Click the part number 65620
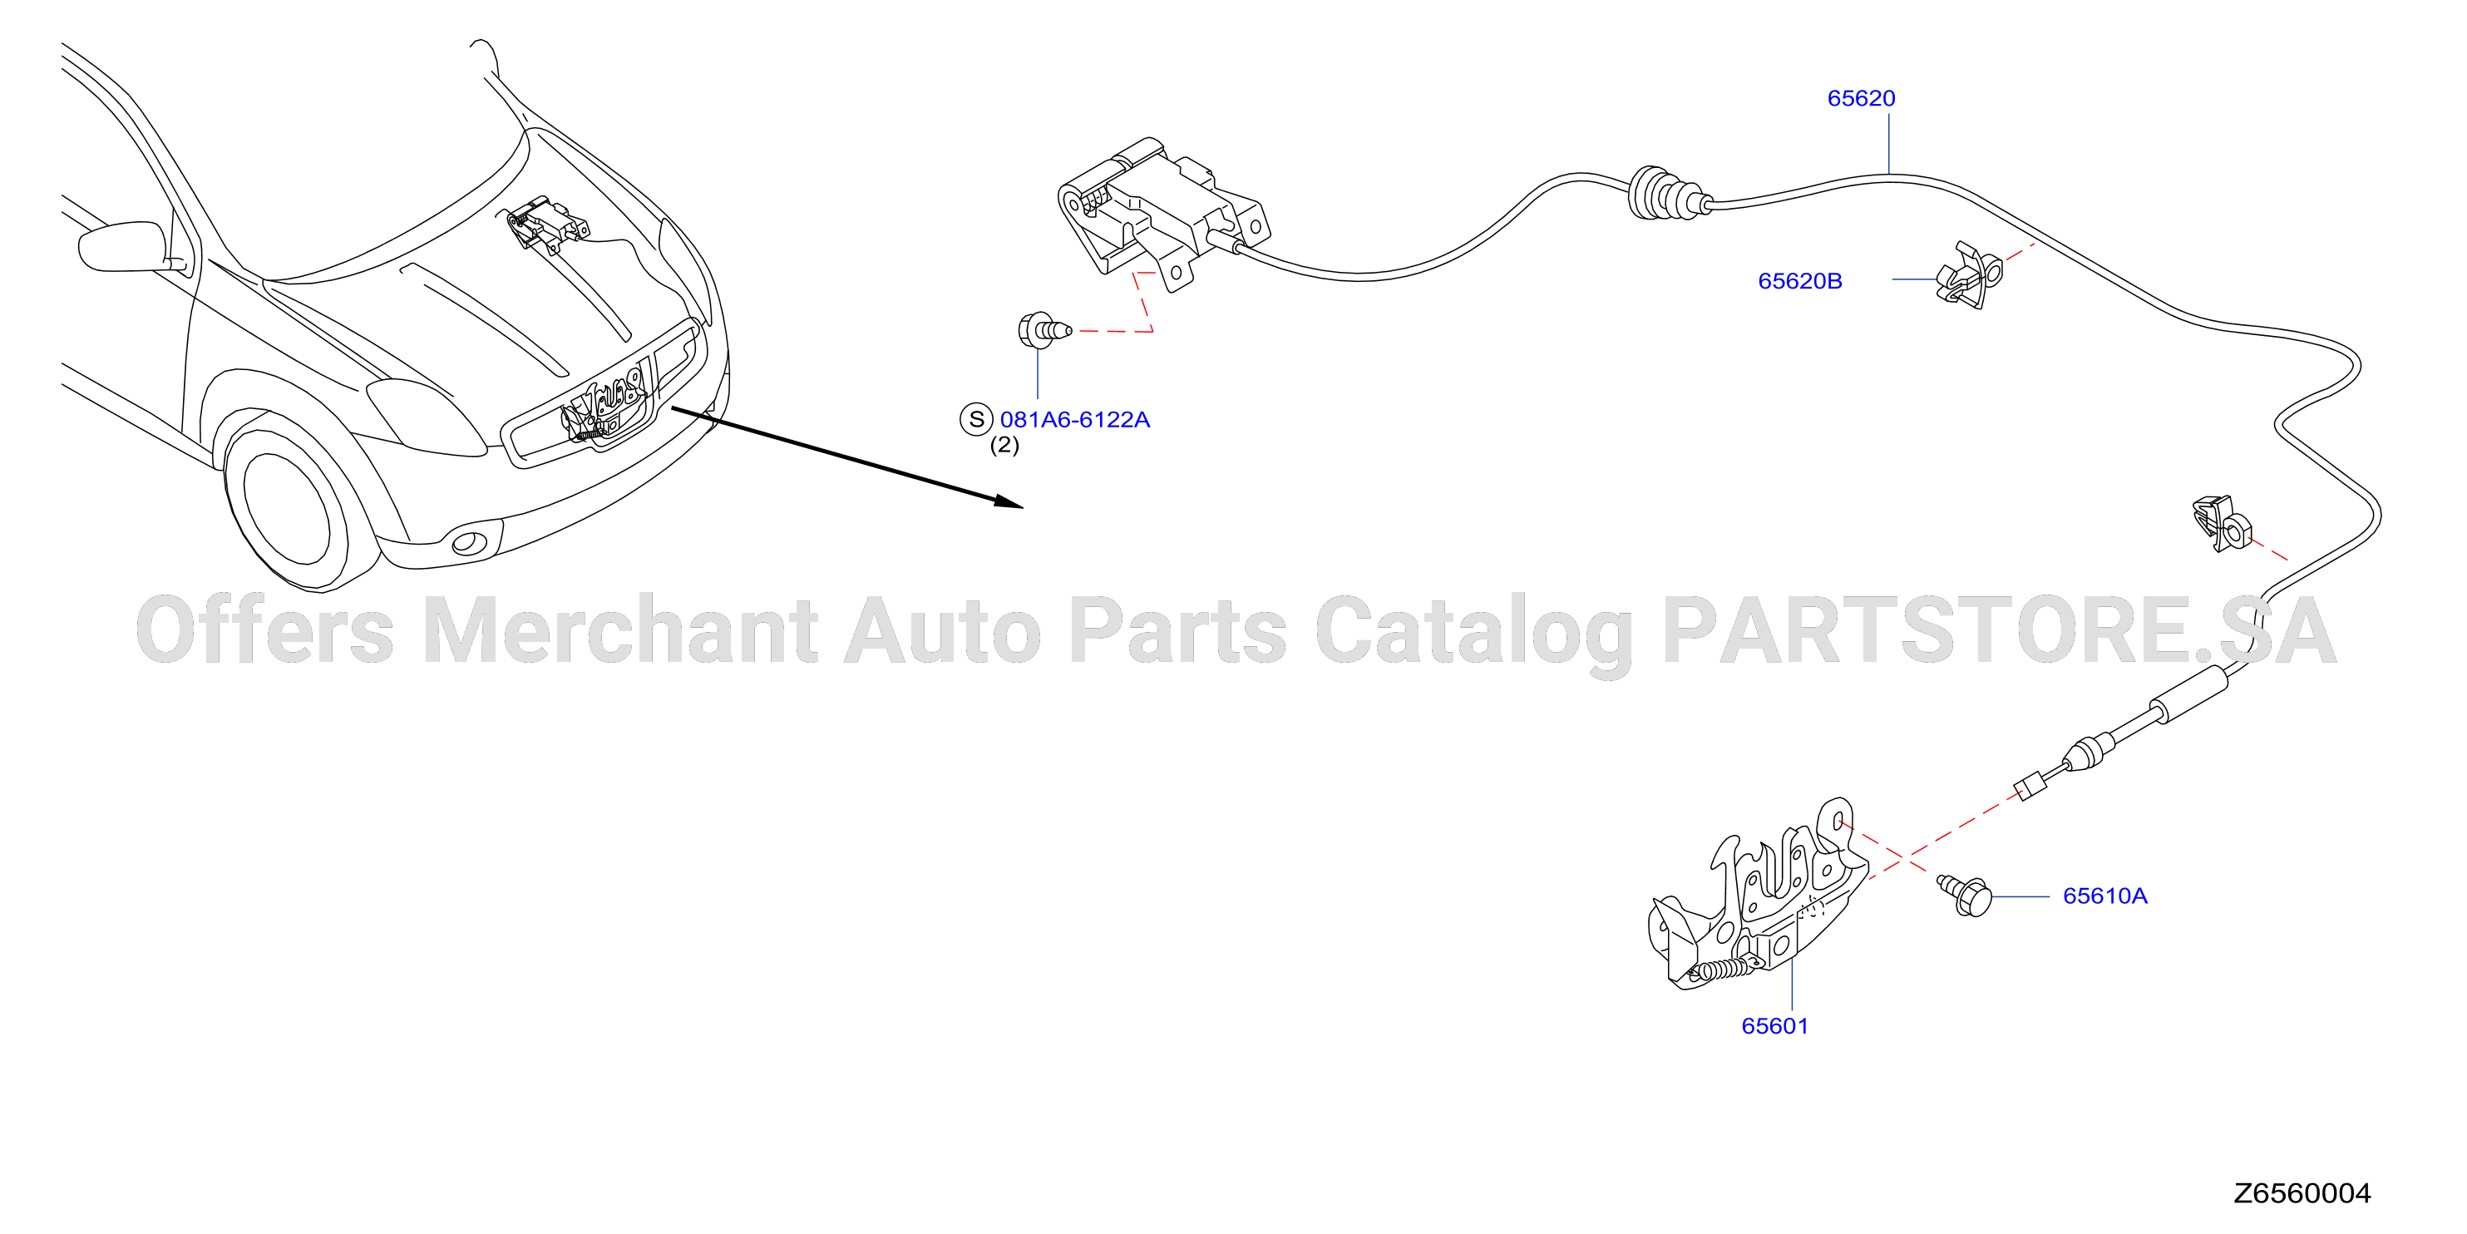1861,98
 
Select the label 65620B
1799,281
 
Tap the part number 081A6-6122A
1074,420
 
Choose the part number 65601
1774,1026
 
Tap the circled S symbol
976,419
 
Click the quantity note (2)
1004,445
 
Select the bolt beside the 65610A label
1964,896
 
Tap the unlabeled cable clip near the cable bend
2222,523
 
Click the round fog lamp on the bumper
469,543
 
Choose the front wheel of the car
288,508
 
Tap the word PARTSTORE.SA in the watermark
1999,629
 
